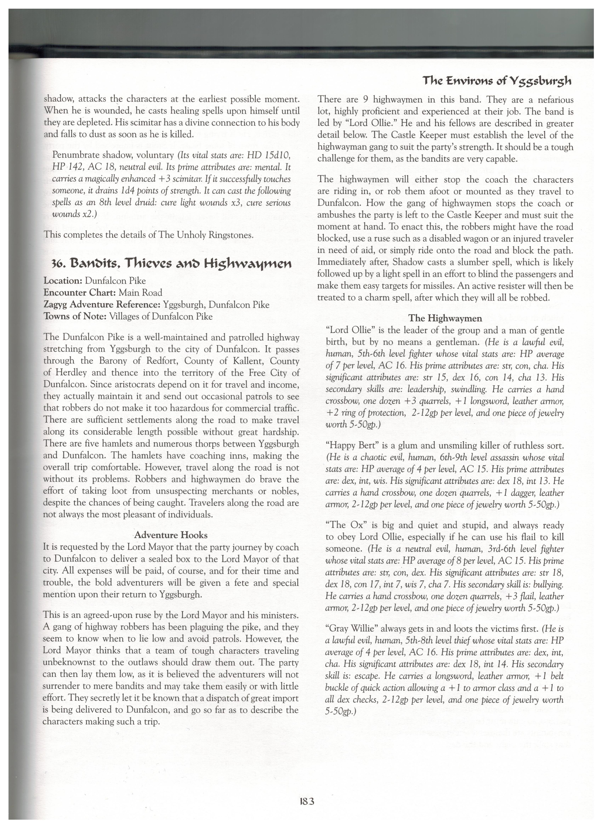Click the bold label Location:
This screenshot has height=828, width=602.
[x=63, y=281]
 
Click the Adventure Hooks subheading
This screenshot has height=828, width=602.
[x=171, y=535]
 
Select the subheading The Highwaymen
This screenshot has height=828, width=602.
[x=445, y=318]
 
